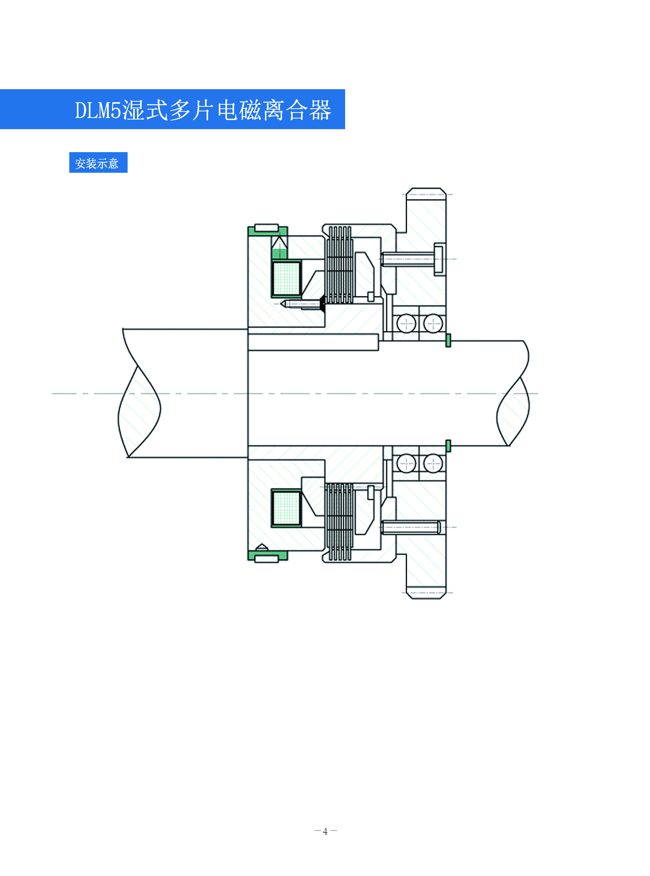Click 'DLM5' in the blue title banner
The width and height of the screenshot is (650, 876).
point(98,110)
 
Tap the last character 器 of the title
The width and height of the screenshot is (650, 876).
point(320,110)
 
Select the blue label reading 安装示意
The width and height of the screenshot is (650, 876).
point(98,163)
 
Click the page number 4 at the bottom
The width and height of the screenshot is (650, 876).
point(325,831)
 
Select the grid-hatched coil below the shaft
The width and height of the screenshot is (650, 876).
point(287,508)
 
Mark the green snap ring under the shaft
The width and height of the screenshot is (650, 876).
point(448,446)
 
